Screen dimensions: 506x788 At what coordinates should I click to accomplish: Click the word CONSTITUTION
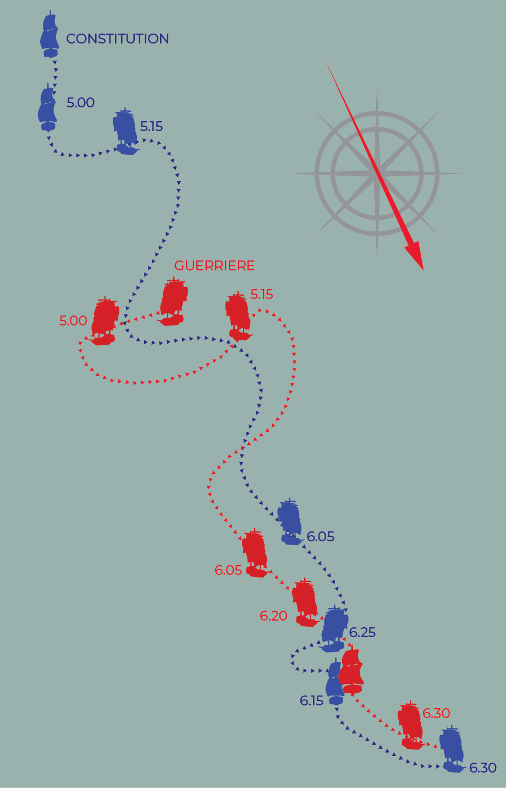click(x=117, y=39)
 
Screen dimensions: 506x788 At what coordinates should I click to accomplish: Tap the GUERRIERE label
click(x=215, y=266)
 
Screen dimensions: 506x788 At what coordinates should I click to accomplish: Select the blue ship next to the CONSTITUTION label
click(x=50, y=35)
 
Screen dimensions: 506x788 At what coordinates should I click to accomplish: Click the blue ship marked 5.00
click(x=48, y=108)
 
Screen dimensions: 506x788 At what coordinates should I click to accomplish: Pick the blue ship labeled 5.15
click(x=125, y=132)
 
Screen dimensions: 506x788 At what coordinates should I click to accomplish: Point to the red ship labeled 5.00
click(x=105, y=322)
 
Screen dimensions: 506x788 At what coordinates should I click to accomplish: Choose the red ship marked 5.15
click(x=239, y=317)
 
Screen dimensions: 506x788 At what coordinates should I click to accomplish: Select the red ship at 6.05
click(x=255, y=554)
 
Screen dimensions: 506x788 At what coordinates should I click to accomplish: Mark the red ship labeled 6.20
click(x=305, y=604)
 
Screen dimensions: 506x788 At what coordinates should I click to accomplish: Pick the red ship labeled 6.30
click(x=410, y=726)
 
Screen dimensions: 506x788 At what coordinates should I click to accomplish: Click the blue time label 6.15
click(x=311, y=701)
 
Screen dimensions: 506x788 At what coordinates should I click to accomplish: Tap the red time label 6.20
click(x=273, y=616)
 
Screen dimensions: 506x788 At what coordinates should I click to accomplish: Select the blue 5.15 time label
click(x=151, y=127)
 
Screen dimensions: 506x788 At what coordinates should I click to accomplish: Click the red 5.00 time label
click(x=73, y=321)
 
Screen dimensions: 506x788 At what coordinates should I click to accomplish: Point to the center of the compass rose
click(x=377, y=173)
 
